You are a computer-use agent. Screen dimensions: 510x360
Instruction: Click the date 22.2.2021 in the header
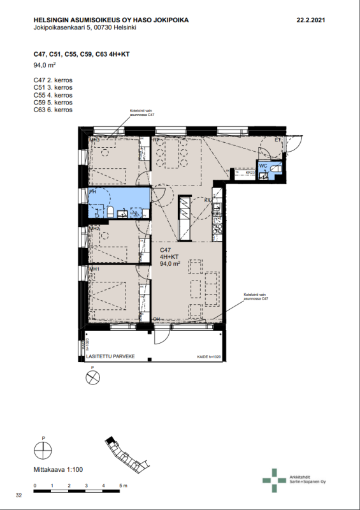pos(311,20)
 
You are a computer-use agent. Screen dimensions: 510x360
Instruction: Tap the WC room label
pos(263,166)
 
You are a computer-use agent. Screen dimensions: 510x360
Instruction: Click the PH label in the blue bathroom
pos(92,191)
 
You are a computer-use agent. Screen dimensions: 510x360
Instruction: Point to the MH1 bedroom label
pos(94,270)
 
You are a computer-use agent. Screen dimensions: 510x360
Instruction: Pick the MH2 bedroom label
pos(94,228)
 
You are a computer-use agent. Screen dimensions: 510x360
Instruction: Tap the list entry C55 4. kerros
pos(53,95)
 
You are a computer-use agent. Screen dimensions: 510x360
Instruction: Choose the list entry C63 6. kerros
pos(53,110)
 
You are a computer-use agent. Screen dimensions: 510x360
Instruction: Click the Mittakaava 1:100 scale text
pos(57,470)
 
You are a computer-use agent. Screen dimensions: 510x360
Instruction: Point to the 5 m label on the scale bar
pos(122,487)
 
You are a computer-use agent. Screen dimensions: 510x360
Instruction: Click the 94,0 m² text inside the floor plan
pos(171,263)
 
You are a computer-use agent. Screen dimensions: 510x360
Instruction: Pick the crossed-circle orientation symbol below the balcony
pos(93,378)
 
